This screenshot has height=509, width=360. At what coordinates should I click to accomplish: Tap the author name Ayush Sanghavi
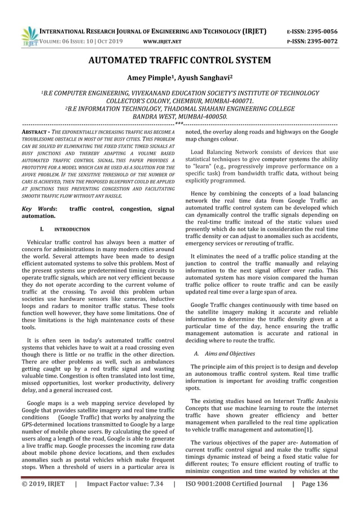click(207, 77)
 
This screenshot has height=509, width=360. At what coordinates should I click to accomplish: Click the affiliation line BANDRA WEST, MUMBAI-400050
click(179, 116)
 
